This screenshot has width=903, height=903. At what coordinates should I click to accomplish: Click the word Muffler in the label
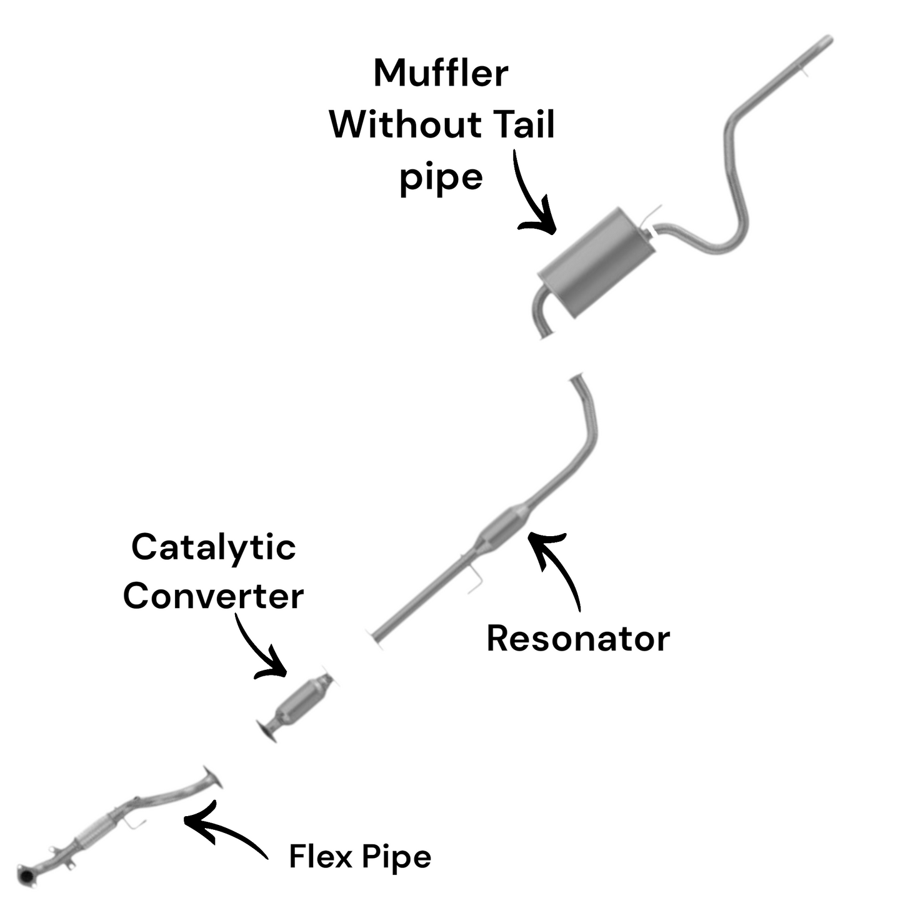tap(441, 74)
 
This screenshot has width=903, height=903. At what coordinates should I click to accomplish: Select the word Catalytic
tap(213, 547)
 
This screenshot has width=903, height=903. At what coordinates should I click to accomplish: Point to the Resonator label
tap(578, 639)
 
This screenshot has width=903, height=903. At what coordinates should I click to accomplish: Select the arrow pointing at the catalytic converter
tap(259, 650)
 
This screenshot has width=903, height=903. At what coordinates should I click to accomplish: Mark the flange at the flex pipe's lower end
tap(27, 876)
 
